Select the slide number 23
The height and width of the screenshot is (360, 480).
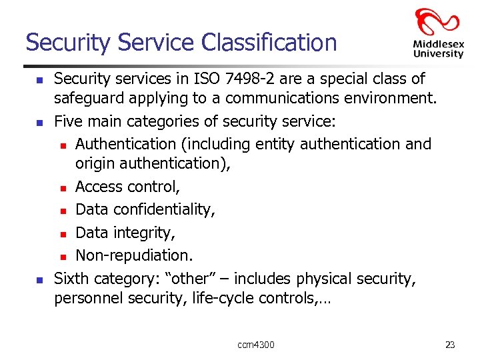(x=450, y=345)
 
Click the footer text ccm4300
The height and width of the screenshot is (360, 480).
(x=256, y=345)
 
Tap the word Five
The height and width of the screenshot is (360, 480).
(x=69, y=122)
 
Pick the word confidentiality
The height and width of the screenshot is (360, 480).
(x=164, y=210)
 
